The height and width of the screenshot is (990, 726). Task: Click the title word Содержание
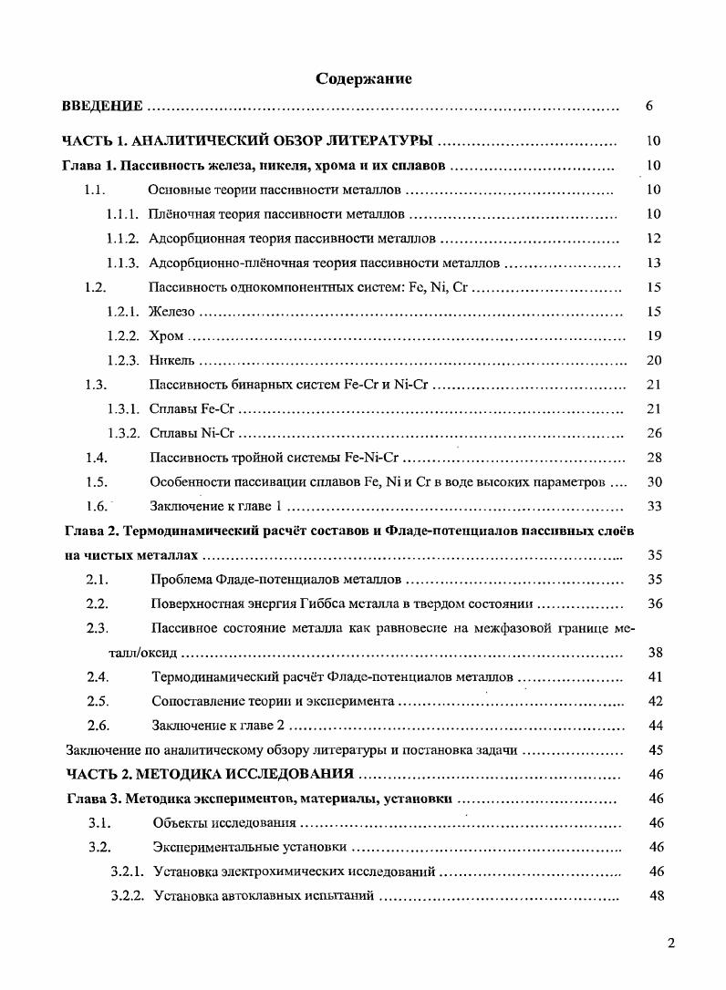coord(363,78)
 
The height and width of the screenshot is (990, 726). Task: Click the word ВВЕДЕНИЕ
coord(102,106)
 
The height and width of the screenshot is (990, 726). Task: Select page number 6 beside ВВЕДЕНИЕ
coord(648,106)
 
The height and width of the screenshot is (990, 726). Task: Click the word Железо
coord(171,312)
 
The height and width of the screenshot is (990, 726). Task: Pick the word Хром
coord(166,336)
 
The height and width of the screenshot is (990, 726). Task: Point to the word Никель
coord(171,360)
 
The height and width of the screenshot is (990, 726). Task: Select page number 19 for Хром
coord(653,336)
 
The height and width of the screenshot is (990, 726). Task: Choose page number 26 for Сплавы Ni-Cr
coord(653,433)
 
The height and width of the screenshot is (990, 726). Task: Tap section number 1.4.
coord(97,458)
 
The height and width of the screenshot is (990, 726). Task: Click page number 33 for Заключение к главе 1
coord(653,506)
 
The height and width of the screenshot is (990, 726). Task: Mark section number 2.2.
coord(98,603)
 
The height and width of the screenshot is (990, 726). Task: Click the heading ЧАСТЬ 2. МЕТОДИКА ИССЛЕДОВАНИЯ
coord(211,774)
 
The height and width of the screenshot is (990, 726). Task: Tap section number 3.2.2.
coord(128,896)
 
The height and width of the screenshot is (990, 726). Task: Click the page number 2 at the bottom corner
coord(670,944)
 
